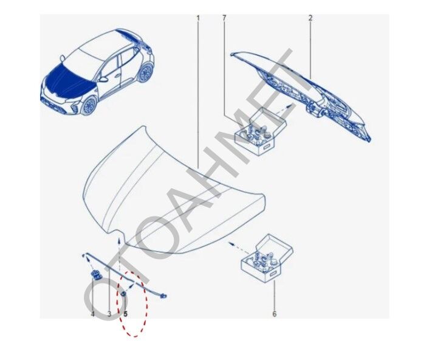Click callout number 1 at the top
pos(198,18)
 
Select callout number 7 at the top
pos(224,18)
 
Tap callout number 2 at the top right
pos(310,18)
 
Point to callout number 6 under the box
pos(274,314)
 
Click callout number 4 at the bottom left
pos(92,314)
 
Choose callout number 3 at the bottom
pos(109,314)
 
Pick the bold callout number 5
pos(126,314)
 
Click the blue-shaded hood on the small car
pos(67,76)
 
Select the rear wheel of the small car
pos(145,72)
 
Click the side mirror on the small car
pos(105,78)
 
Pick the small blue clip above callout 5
pos(123,294)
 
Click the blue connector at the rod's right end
pos(162,297)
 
